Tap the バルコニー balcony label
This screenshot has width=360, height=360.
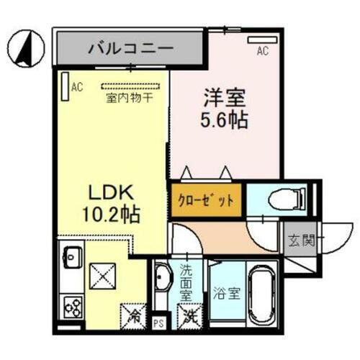130,50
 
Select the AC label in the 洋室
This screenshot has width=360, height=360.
264,52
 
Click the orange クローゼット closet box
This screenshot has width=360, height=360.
206,200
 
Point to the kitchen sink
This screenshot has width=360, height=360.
73,256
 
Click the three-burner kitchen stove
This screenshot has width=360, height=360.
72,307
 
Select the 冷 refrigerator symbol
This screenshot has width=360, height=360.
134,314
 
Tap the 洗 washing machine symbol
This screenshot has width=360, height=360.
189,315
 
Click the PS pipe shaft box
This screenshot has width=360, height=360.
160,322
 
